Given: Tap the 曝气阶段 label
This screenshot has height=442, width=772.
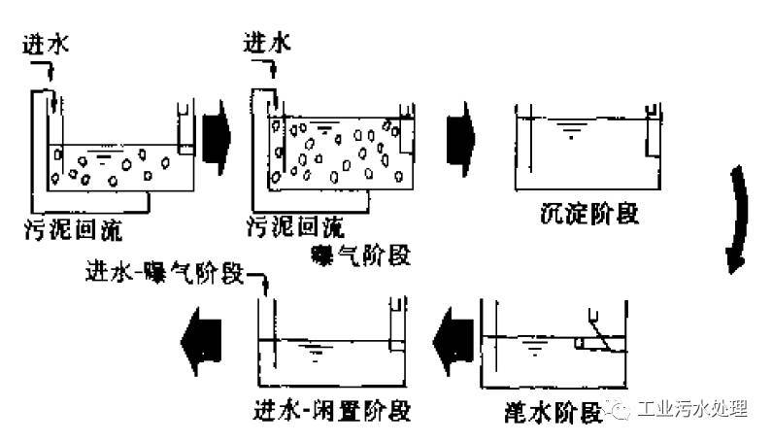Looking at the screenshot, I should point(359,255).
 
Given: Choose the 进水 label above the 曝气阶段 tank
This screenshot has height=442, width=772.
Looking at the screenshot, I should point(269,44).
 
